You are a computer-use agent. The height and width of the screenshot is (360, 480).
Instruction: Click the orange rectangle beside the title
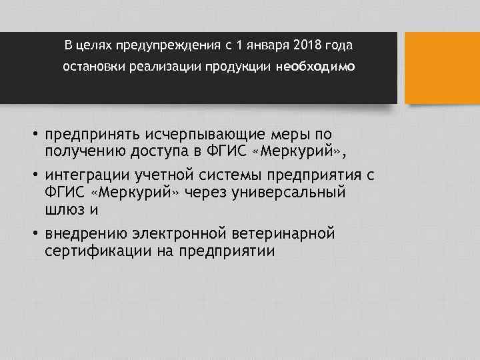click(x=442, y=68)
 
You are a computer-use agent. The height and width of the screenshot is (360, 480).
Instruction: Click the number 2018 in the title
click(x=307, y=45)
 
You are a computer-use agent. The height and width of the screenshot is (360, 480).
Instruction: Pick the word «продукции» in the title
click(x=239, y=67)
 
